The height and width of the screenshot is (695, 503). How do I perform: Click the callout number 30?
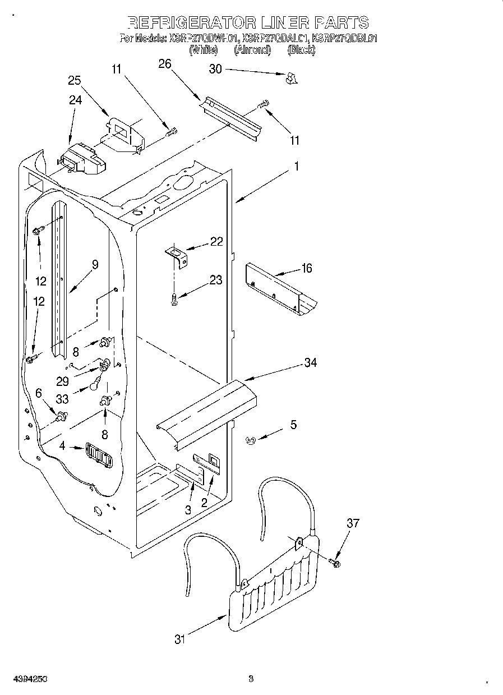coord(215,69)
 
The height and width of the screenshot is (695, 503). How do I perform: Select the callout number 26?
coord(164,64)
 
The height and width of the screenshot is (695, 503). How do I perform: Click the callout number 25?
coord(75,80)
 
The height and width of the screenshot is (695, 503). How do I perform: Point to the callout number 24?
coord(75,100)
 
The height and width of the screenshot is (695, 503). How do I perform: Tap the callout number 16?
coord(306,269)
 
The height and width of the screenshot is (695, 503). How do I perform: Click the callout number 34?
coord(310,363)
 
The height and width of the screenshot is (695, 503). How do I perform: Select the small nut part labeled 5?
coord(251,441)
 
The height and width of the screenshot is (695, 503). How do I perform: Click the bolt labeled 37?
coord(335,561)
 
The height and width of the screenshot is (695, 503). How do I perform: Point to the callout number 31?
coord(179,639)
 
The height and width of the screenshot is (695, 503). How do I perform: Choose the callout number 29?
coord(62,381)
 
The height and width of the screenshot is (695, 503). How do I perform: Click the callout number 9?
coord(95,265)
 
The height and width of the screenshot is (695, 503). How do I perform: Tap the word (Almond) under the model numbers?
coord(252,50)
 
